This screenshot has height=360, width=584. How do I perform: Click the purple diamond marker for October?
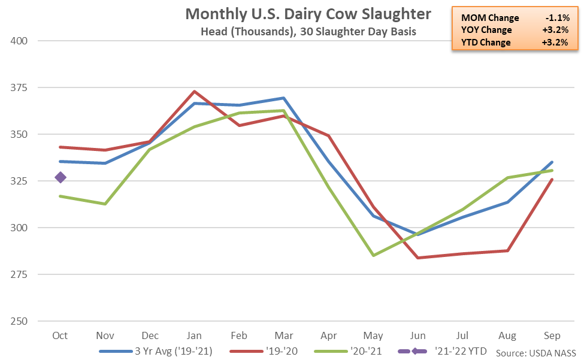[60, 177]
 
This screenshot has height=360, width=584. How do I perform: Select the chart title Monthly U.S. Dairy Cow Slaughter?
[308, 14]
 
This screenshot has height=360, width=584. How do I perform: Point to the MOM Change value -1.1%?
[554, 18]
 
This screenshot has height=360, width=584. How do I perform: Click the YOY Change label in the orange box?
[485, 30]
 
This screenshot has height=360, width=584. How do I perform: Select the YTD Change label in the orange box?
[484, 42]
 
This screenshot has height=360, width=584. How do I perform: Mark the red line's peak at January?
[194, 92]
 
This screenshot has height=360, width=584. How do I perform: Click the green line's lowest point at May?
[374, 255]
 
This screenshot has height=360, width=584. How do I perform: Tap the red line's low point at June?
[419, 258]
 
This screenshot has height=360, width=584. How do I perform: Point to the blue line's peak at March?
[283, 98]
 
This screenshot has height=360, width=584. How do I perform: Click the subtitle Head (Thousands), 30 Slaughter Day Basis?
[308, 32]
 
